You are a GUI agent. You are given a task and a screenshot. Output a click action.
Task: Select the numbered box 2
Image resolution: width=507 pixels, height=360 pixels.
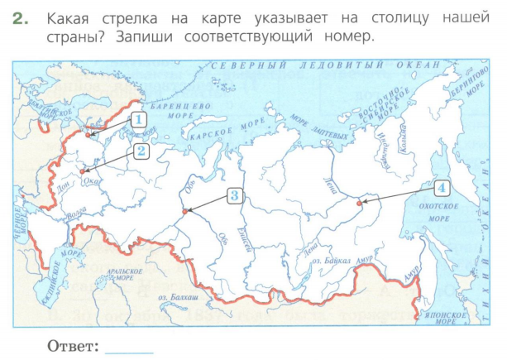click(x=141, y=151)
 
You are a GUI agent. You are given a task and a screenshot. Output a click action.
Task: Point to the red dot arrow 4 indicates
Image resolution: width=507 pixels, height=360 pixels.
click(x=358, y=202)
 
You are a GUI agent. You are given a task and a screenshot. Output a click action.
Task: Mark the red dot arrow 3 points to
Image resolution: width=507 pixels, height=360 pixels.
click(x=184, y=213)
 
